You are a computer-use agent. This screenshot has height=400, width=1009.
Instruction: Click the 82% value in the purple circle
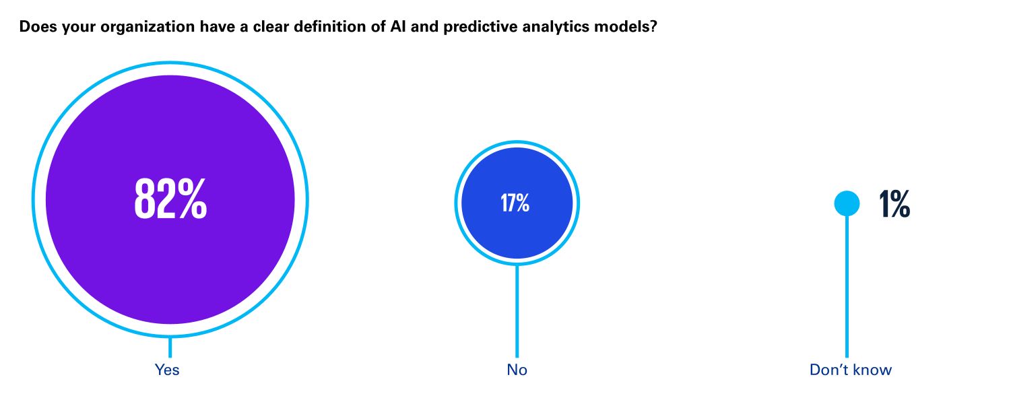[170, 199]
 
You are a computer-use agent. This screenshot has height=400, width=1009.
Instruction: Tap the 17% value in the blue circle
[515, 203]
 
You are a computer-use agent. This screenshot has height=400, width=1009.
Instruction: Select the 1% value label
[894, 204]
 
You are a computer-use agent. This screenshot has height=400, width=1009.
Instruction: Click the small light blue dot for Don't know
[847, 203]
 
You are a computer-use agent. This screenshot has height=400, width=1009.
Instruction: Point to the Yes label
[167, 370]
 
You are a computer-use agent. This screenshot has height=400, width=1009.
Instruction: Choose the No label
[517, 370]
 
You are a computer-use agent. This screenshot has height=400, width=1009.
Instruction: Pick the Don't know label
[850, 370]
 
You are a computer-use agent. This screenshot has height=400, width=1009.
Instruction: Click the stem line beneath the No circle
[517, 310]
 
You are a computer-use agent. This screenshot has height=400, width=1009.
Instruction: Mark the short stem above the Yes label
[170, 347]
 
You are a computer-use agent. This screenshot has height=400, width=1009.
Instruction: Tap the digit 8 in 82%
[146, 199]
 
